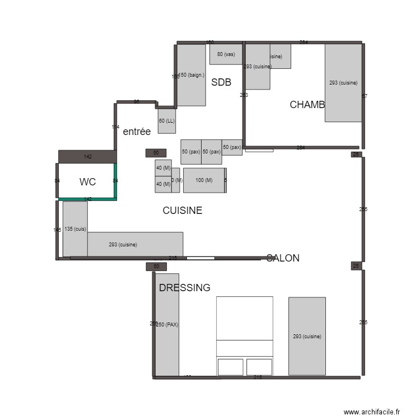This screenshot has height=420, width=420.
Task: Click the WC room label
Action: [88, 181]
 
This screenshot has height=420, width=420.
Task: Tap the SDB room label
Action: [221, 82]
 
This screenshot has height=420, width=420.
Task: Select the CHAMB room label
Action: [307, 105]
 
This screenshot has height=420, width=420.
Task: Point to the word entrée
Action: [137, 132]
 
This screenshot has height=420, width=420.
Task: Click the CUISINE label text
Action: [182, 211]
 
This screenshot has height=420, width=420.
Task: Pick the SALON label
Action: [283, 258]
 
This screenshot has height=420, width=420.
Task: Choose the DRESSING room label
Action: [184, 288]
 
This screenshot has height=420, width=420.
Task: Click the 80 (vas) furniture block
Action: [226, 54]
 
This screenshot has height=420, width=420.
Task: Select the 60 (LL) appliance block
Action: [167, 121]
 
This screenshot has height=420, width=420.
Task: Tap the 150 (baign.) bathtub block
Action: [192, 75]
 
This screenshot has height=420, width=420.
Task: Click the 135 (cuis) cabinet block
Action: [75, 228]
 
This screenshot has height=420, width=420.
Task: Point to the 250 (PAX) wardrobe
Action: [167, 324]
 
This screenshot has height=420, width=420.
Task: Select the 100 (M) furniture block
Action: [204, 180]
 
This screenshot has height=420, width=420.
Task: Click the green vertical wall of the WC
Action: [115, 181]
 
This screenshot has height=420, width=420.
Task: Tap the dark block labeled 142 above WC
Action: [87, 156]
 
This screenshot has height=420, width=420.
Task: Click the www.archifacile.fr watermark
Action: [372, 412]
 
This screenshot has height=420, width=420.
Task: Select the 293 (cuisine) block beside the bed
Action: [307, 336]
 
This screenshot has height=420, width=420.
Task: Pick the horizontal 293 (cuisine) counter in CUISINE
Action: [135, 244]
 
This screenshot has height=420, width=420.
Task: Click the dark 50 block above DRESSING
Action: [156, 267]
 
